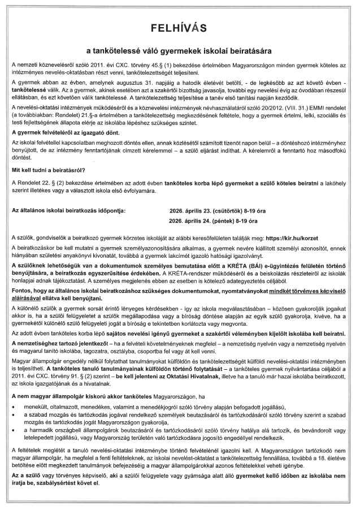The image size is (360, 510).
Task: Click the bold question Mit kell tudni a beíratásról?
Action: tap(49, 170)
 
